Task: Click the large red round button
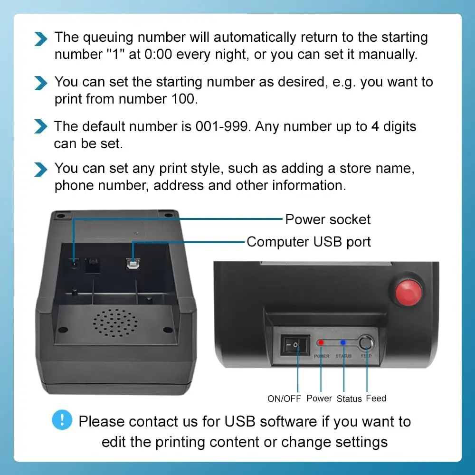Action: (x=408, y=290)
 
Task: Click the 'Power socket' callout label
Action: (x=328, y=219)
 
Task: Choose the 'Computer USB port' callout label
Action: (x=309, y=242)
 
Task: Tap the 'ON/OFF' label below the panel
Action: (x=284, y=399)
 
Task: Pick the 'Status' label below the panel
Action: (x=349, y=399)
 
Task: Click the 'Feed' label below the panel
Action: (x=376, y=399)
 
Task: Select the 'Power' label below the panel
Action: (x=319, y=399)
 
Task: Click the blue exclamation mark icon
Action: (x=62, y=420)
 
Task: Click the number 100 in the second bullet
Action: (x=181, y=99)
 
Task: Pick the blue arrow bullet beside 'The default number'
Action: (x=41, y=127)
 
